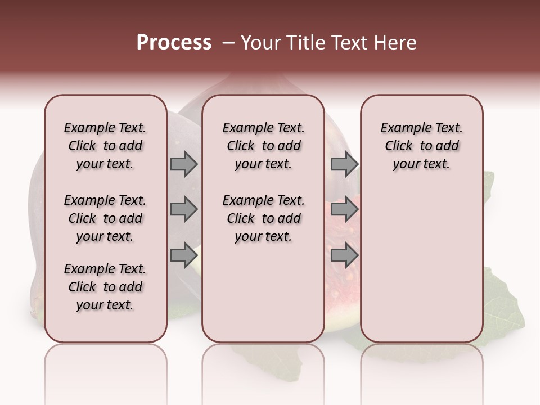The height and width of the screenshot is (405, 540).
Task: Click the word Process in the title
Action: (x=174, y=43)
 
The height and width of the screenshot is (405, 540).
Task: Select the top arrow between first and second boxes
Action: (x=184, y=164)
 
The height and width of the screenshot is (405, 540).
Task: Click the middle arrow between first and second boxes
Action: (x=184, y=210)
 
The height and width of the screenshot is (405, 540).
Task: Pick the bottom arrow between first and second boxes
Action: (x=184, y=255)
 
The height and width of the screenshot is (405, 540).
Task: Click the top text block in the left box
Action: (x=105, y=146)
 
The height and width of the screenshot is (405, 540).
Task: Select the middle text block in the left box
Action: (x=105, y=218)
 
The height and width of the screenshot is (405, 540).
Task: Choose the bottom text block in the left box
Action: (x=105, y=287)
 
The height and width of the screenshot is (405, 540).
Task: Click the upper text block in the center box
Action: (x=263, y=146)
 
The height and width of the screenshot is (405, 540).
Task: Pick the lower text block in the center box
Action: (x=263, y=218)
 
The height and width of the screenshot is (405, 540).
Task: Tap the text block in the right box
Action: (x=421, y=146)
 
